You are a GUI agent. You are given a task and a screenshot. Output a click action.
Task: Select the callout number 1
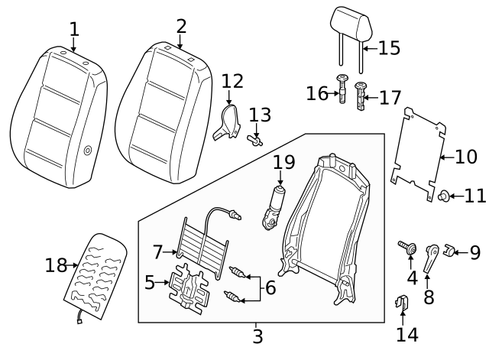pyautogui.click(x=73, y=30)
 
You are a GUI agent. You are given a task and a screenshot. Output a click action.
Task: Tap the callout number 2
pyautogui.click(x=181, y=27)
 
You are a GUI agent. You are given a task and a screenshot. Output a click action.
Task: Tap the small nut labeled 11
pyautogui.click(x=442, y=196)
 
